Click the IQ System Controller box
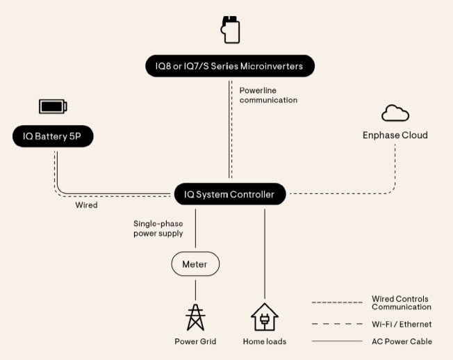pos(229,194)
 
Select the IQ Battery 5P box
pos(52,136)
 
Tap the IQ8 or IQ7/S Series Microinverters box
pos(230,66)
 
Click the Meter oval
pos(195,264)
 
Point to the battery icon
pos(53,106)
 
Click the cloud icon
pos(395,113)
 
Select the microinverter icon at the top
pos(230,30)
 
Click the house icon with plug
pos(265,317)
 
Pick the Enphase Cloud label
pos(395,135)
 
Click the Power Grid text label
pos(195,341)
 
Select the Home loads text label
pos(265,341)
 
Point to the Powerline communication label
pos(268,95)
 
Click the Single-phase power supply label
pos(158,229)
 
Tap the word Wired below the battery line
pos(86,205)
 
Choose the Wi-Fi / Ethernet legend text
pos(402,324)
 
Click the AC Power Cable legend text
pos(402,341)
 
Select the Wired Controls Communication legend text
pos(402,303)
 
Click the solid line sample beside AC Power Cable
pos(337,341)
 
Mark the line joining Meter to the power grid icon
pos(195,289)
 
